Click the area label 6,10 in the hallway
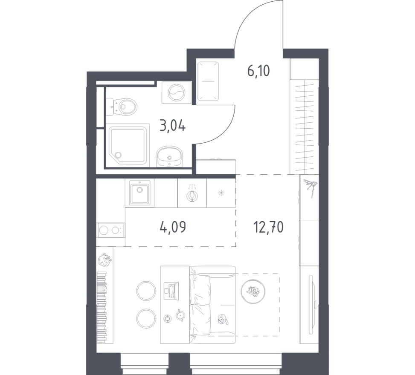pos(259,71)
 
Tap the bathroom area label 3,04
pos(172,126)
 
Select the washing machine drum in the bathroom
pos(176,92)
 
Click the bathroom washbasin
pos(169,156)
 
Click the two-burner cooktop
pos(110,231)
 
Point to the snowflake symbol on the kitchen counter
pos(221,193)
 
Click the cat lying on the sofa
pos(223,319)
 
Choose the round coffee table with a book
pos(252,291)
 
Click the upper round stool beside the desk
pos(146,291)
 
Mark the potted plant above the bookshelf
pos(104,258)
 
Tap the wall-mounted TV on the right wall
pos(313,294)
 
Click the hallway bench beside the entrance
pos(208,81)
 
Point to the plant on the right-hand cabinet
pos(310,187)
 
